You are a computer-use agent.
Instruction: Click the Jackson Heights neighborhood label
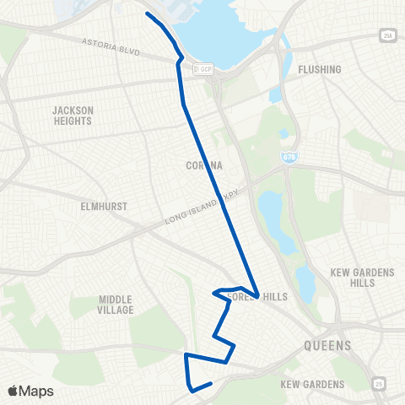click(x=72, y=116)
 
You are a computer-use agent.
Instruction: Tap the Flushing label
click(x=320, y=69)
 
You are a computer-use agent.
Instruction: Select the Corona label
click(x=204, y=166)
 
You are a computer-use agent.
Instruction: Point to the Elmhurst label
click(x=78, y=203)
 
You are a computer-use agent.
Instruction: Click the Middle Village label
click(x=116, y=305)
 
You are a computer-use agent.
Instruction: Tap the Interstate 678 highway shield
click(x=289, y=158)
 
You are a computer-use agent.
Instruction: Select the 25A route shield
click(x=387, y=35)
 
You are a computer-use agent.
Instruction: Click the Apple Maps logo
click(x=31, y=391)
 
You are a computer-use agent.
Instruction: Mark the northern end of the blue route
click(x=147, y=13)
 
